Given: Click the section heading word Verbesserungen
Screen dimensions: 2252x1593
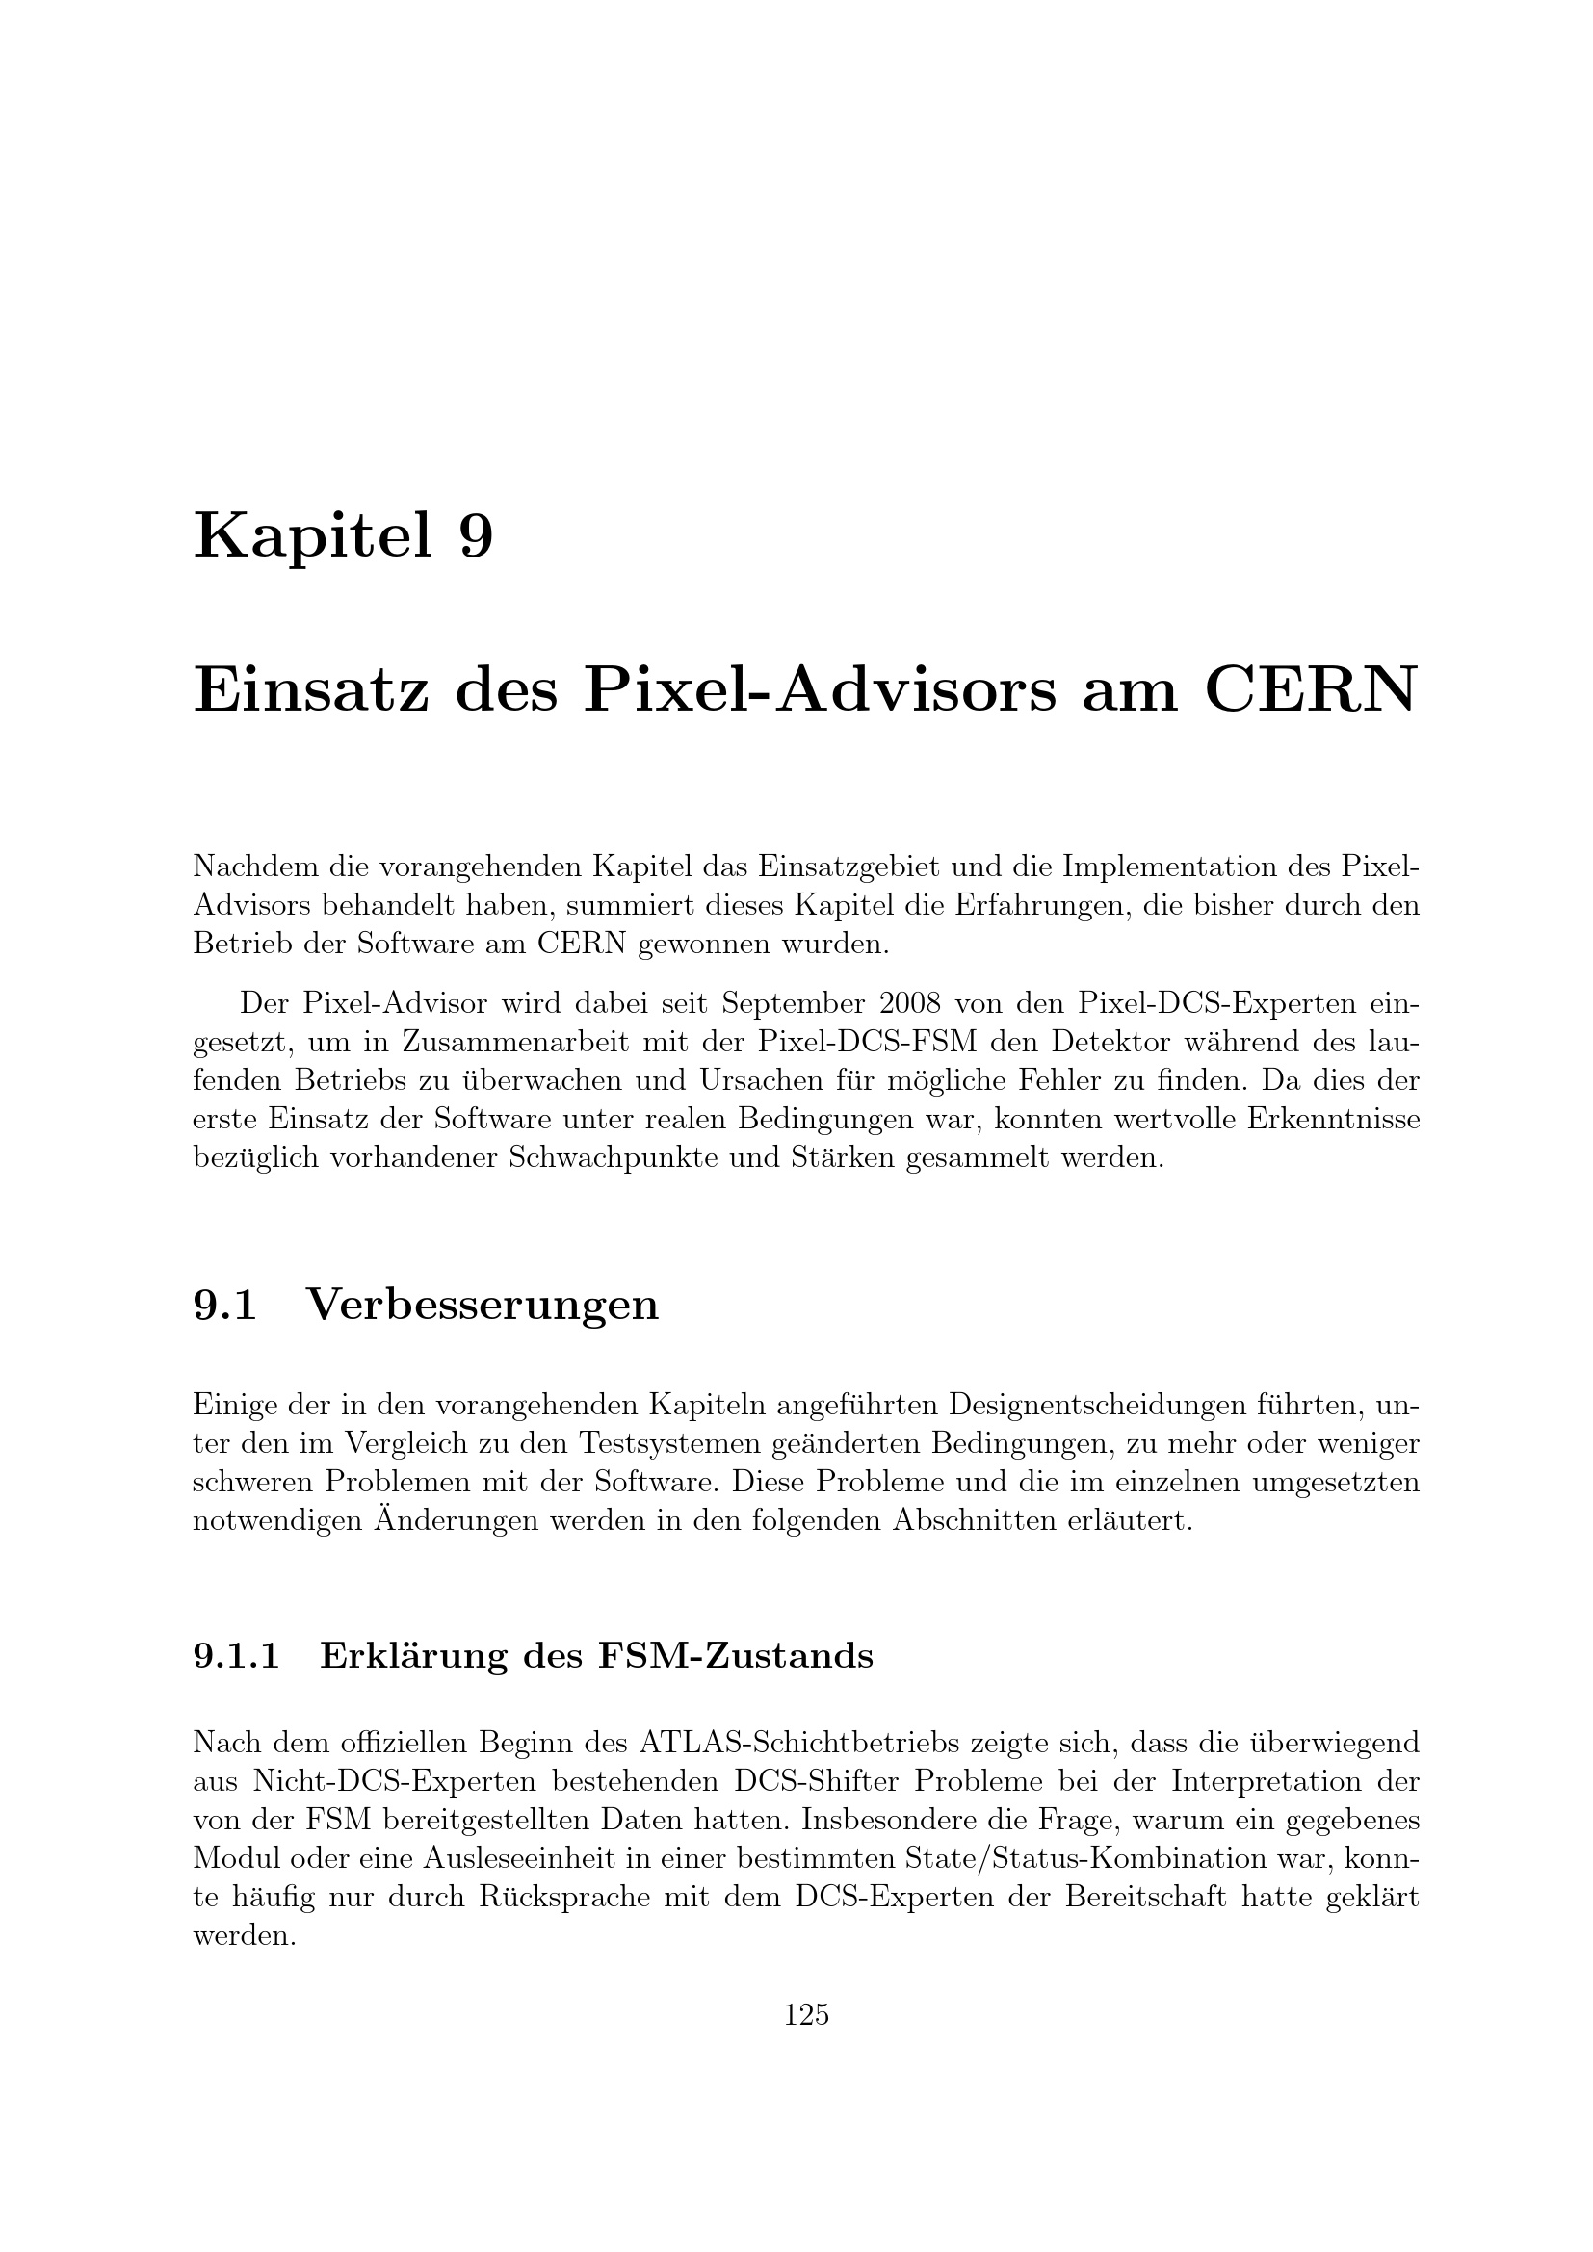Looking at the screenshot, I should coord(483,1305).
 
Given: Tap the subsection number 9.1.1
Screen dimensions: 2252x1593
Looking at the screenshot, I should coord(236,1656).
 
